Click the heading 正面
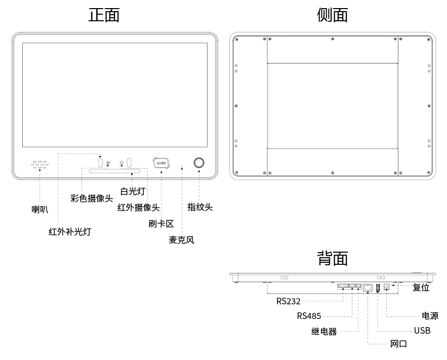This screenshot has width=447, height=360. [x=104, y=15]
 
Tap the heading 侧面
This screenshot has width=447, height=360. [x=332, y=15]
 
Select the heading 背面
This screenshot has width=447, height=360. [x=332, y=258]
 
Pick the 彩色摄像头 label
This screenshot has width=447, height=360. [x=92, y=198]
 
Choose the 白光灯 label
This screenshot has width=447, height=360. [x=134, y=191]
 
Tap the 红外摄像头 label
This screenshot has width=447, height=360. [x=138, y=207]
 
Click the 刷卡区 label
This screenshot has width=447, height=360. [x=161, y=223]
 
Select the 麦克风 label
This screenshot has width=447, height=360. [x=181, y=239]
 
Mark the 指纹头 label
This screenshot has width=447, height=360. [x=200, y=207]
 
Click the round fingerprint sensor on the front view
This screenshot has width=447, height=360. [x=199, y=163]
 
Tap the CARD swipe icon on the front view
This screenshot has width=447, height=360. [x=161, y=163]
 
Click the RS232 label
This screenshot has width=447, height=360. [x=289, y=301]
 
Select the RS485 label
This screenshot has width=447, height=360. [x=309, y=316]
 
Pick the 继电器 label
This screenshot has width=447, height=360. [x=324, y=332]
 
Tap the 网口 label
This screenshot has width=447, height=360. [x=398, y=344]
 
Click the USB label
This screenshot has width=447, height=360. [x=422, y=331]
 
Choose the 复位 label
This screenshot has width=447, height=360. [x=421, y=288]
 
